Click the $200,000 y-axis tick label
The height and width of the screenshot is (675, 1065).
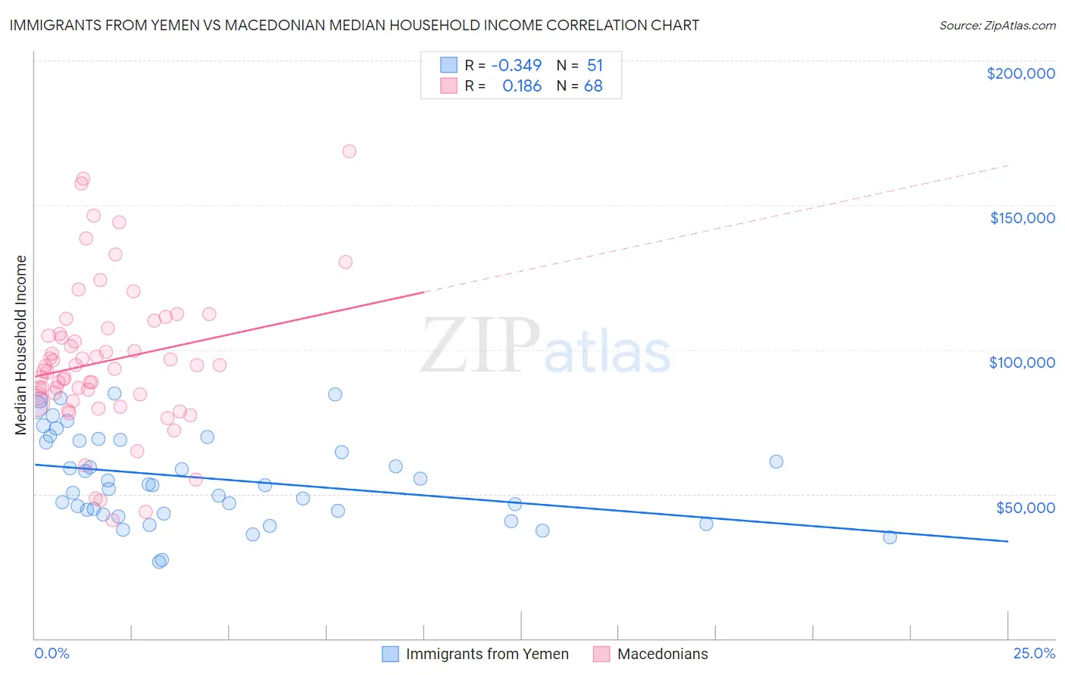coord(1020,73)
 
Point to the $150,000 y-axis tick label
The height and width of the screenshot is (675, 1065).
coord(1022,218)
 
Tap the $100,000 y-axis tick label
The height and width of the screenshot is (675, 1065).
coord(1022,362)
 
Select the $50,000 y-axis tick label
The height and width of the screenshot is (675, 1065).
coord(1025,507)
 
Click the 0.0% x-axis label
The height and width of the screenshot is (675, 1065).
coord(52,654)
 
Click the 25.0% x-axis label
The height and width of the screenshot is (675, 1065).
coord(1034,654)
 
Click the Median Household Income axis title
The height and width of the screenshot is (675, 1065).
coord(21,345)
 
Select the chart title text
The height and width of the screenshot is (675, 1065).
coord(354,25)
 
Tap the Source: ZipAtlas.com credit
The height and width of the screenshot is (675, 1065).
coord(997,26)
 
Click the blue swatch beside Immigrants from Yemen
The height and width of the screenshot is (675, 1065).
coord(390,654)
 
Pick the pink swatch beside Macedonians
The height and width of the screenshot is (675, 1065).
coord(601,654)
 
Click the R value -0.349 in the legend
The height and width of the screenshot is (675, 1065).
coord(517,65)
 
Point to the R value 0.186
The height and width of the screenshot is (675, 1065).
coord(522,86)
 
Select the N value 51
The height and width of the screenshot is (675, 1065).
coord(595,65)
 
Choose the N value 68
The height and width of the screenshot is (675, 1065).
coord(593,86)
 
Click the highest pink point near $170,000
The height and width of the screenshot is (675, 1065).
coord(349,151)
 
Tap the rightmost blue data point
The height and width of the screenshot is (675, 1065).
coord(890,537)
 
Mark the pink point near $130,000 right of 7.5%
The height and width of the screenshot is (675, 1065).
coord(345,262)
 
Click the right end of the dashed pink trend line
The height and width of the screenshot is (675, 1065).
coord(1008,165)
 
